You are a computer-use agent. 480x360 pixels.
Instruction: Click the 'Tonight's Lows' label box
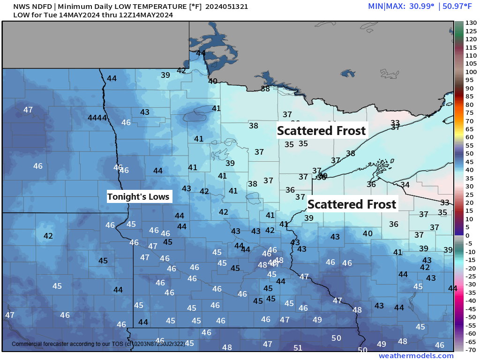(138, 196)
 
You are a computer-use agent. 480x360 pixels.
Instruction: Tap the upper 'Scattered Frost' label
(321, 130)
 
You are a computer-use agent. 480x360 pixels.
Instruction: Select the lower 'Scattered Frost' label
(352, 204)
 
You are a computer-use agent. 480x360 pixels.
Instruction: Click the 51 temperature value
(298, 348)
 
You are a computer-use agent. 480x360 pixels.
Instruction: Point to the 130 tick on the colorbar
(471, 22)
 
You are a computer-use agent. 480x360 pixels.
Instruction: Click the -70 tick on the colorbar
(471, 349)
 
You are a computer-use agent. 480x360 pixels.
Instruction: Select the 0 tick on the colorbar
(467, 235)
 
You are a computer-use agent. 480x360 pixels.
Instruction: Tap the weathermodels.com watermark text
(416, 356)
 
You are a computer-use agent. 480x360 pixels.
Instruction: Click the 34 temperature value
(405, 185)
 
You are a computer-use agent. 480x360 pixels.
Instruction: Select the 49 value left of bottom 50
(317, 320)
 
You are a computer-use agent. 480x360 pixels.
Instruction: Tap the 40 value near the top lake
(213, 81)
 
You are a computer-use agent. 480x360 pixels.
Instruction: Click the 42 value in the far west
(48, 236)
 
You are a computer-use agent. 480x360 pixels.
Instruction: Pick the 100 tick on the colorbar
(471, 72)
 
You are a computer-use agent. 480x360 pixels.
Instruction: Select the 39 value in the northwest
(165, 75)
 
